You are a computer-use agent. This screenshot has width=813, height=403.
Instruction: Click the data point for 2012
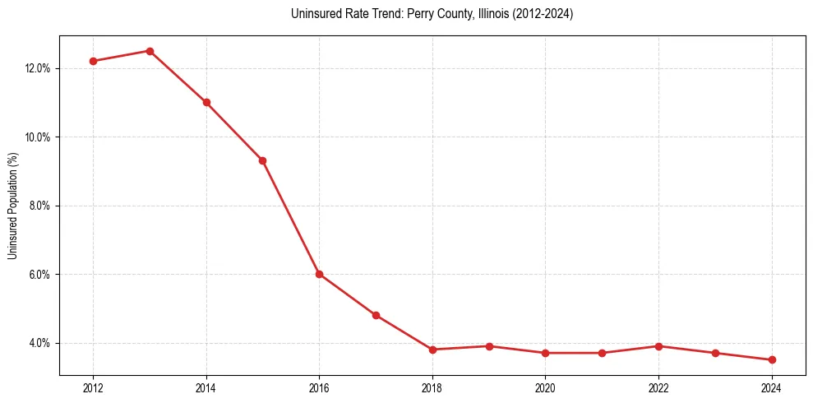tap(93, 61)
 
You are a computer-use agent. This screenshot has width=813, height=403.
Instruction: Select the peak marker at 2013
tap(150, 51)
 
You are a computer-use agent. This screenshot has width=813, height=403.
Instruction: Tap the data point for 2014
tap(206, 102)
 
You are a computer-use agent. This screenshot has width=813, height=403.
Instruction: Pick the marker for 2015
tap(262, 160)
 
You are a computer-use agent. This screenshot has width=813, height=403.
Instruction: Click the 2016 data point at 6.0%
tap(319, 274)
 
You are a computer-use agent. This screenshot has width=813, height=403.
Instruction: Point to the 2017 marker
tap(376, 315)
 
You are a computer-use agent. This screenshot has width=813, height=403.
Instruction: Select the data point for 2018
tap(432, 350)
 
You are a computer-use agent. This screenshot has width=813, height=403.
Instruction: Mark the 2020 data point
tap(545, 353)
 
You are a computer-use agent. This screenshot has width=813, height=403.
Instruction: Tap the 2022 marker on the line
tap(658, 346)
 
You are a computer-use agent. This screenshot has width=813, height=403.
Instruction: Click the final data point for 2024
tap(772, 359)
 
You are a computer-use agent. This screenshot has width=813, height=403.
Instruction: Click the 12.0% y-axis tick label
tap(38, 68)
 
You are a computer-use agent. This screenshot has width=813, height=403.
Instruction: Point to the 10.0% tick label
tap(38, 137)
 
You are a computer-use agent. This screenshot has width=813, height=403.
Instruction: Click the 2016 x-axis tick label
tap(319, 387)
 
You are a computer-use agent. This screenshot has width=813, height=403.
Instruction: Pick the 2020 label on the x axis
tap(545, 387)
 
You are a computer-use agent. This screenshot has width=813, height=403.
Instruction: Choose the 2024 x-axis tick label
tap(772, 387)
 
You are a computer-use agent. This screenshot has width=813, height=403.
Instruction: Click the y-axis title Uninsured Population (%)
tap(12, 206)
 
